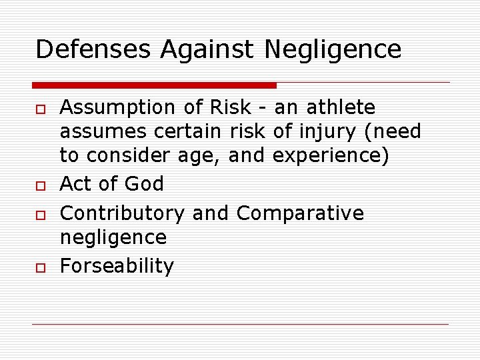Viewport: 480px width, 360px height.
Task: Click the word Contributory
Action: coord(122,214)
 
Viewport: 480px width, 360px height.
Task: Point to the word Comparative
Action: coord(300,214)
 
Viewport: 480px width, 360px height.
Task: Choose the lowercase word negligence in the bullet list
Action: coord(113,238)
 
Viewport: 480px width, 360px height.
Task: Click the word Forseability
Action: coord(117,266)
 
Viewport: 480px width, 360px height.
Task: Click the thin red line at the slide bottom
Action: coord(240,325)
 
